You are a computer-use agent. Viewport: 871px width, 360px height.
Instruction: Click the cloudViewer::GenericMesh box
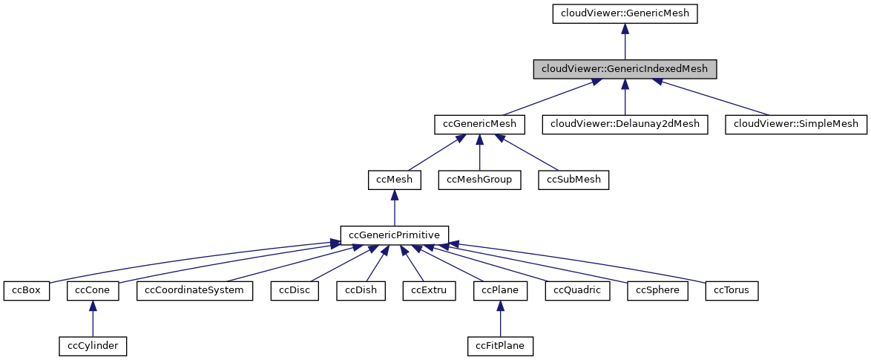tap(625, 13)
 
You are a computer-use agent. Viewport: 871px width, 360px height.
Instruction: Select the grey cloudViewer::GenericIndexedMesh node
tap(625, 69)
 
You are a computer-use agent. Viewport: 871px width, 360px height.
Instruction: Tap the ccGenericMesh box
tap(479, 124)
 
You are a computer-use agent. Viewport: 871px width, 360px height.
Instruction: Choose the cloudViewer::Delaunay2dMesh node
tap(625, 124)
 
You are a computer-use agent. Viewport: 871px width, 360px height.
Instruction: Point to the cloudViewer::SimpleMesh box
tap(796, 124)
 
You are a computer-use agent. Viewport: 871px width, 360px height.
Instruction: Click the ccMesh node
tap(395, 180)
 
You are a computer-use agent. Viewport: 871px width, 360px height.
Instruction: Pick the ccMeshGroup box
tap(479, 180)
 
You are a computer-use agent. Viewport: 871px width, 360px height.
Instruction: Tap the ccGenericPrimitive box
tap(395, 235)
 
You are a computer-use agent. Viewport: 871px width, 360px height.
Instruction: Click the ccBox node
tap(26, 290)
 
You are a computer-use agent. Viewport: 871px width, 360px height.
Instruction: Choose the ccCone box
tap(93, 290)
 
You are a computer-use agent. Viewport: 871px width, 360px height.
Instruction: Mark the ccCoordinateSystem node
tap(194, 290)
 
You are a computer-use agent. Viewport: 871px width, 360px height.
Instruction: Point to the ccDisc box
tap(295, 290)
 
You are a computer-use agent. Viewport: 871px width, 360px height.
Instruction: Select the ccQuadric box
tap(577, 290)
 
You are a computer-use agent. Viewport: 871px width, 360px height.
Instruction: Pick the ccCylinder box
tap(93, 345)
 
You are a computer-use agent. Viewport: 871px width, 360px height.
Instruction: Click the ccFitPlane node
tap(501, 345)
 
